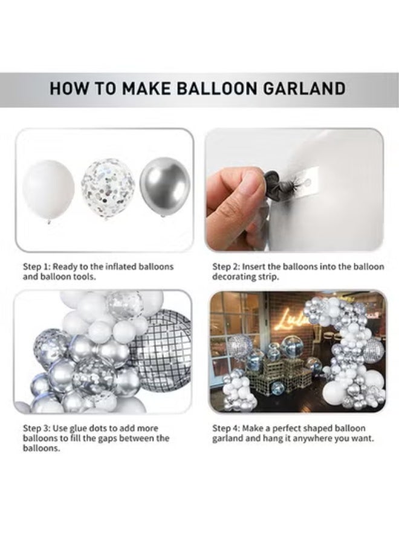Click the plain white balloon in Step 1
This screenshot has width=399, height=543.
48,189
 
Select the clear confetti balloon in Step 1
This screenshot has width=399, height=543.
108,182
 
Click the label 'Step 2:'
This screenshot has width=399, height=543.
229,266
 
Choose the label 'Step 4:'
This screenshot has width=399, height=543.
229,428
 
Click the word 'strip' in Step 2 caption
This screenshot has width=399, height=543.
269,276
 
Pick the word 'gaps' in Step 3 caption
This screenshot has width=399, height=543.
120,438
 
